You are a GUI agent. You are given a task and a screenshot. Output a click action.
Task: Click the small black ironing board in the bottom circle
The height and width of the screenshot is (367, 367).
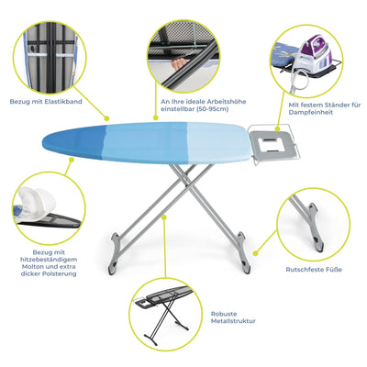coord(170,308)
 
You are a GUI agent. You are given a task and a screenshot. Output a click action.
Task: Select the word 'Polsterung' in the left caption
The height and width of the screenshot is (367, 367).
coord(63,273)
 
